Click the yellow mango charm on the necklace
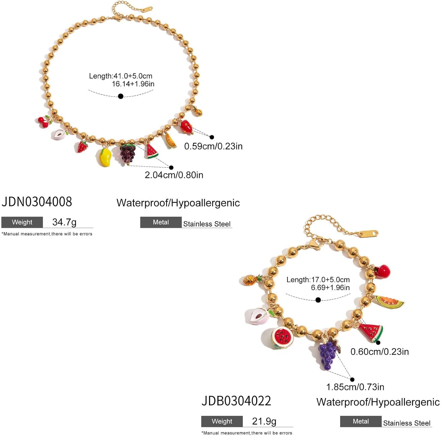coord(104,157)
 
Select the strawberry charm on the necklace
coord(82,146)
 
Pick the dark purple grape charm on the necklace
coord(127,153)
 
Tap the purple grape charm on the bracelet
coord(327,354)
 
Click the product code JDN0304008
coord(37,202)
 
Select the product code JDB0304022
coord(236,401)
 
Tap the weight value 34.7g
coord(64,222)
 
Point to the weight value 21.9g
coord(264,421)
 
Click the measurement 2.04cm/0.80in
coord(174,175)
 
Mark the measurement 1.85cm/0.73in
coord(355,387)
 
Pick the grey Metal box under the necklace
coord(161,222)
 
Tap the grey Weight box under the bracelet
coord(222,421)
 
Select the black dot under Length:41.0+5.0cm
coord(121,96)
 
